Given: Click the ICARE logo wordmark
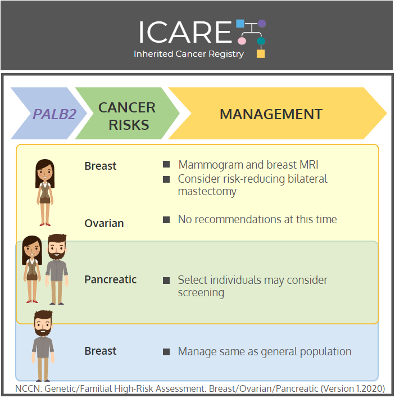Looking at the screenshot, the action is click(x=185, y=32).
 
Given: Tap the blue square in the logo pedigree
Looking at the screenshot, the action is click(x=240, y=24).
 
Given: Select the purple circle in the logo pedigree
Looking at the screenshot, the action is click(x=262, y=24).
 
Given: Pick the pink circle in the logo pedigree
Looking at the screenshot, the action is click(x=242, y=40).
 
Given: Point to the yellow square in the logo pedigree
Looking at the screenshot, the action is click(x=261, y=53).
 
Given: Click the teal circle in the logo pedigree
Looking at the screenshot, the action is click(x=261, y=40).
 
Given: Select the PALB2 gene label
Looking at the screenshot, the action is click(x=55, y=114).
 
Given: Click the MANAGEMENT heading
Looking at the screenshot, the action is click(x=271, y=114).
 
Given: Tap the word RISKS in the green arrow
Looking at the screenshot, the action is click(x=129, y=125).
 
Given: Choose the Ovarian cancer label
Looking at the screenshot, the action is click(x=104, y=223).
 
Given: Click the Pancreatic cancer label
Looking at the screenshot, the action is click(x=110, y=279).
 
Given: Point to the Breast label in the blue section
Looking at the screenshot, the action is click(x=101, y=351).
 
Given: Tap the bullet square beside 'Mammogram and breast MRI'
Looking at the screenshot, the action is click(x=166, y=164).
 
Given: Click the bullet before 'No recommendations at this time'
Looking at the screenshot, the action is click(x=166, y=220).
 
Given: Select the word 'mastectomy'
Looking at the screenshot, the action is click(x=207, y=192).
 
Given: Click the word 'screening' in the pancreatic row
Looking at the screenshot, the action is click(x=201, y=293).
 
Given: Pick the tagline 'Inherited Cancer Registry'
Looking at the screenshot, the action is click(x=189, y=54).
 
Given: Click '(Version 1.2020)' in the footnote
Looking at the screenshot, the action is click(x=353, y=388).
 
